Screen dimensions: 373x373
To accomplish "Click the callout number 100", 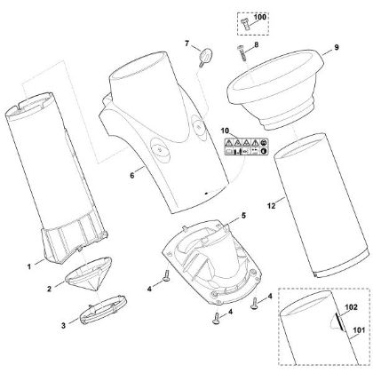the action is pyautogui.click(x=260, y=17).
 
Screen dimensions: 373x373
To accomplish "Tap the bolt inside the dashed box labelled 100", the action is pyautogui.click(x=245, y=23).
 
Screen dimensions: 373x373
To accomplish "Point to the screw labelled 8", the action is pyautogui.click(x=242, y=52).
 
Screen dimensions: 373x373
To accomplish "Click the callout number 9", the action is pyautogui.click(x=337, y=47).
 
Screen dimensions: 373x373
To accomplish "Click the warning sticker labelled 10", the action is pyautogui.click(x=245, y=147).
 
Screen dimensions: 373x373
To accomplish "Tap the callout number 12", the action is pyautogui.click(x=271, y=205).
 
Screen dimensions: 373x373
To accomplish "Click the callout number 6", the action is pyautogui.click(x=132, y=175).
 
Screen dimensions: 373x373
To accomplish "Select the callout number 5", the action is pyautogui.click(x=243, y=216).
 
